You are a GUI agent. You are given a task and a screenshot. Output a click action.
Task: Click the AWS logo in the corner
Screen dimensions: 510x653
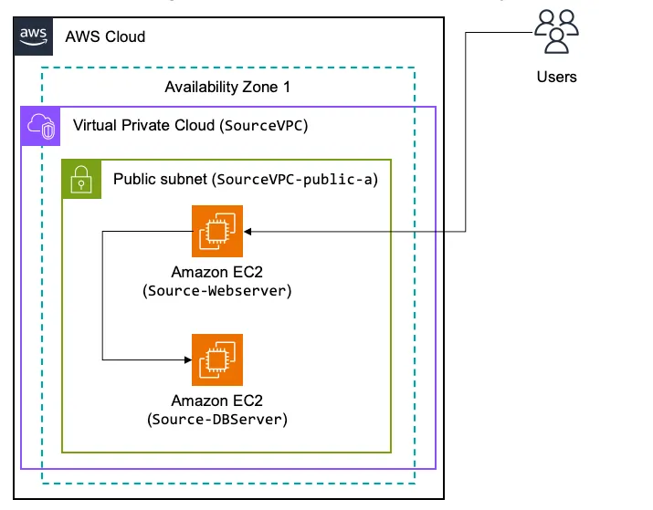33,36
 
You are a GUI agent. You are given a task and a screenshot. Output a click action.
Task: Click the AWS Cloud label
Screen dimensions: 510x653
105,37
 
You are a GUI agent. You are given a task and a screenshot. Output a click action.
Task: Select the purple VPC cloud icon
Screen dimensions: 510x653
40,126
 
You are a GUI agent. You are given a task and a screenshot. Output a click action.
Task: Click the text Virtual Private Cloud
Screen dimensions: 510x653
145,125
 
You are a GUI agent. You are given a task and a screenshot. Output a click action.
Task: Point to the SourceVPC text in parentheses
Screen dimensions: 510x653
265,125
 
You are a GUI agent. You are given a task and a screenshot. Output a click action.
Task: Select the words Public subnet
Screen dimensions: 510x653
160,178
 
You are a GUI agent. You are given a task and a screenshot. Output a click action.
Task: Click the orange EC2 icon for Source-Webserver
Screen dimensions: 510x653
217,232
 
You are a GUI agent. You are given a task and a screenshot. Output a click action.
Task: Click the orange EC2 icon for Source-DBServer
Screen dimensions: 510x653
217,359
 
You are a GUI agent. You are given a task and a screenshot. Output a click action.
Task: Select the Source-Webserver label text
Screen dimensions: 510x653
217,291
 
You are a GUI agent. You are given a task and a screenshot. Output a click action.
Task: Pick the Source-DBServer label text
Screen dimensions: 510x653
217,420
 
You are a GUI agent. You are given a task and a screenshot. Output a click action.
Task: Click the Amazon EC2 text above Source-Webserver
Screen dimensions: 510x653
217,273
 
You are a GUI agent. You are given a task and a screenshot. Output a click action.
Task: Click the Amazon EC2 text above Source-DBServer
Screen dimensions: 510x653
217,401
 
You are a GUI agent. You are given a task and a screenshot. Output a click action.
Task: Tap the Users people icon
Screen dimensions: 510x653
556,31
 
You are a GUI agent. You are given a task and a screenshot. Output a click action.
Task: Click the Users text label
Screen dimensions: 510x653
556,77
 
